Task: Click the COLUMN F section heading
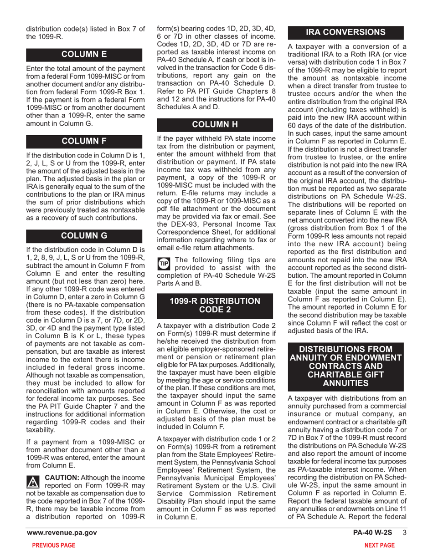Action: pyautogui.click(x=84, y=140)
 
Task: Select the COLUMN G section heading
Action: pyautogui.click(x=84, y=235)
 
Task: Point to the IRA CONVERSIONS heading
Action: pyautogui.click(x=345, y=32)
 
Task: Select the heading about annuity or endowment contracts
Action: pyautogui.click(x=345, y=368)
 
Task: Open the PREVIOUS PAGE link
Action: pyautogui.click(x=51, y=545)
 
